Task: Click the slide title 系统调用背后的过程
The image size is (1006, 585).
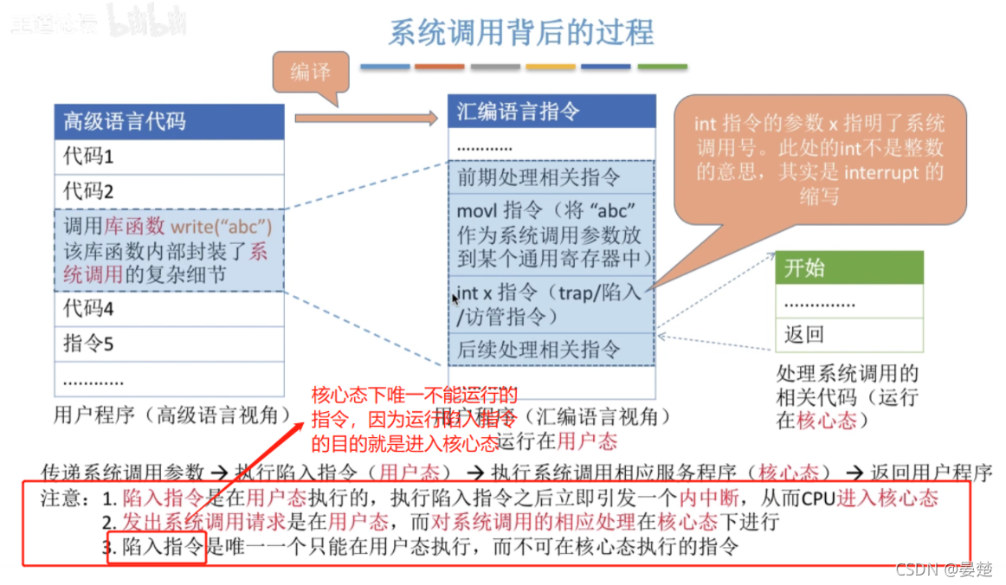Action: point(520,32)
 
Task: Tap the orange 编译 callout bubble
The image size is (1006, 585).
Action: point(311,72)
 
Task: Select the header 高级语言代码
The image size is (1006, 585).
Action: point(169,121)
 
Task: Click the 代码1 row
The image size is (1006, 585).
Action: point(169,157)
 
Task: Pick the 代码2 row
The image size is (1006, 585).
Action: point(169,190)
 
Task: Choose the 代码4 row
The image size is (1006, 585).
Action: point(169,308)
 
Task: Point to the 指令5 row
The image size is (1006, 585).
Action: point(169,344)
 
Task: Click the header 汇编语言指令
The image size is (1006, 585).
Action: point(551,112)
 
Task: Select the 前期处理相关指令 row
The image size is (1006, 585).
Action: point(551,177)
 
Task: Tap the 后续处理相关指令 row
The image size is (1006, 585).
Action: point(551,350)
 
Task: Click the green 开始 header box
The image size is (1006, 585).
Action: point(848,267)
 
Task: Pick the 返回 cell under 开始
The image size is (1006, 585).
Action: point(848,334)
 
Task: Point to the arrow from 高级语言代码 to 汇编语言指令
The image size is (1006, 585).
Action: point(365,118)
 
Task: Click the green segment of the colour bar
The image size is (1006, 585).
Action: point(662,67)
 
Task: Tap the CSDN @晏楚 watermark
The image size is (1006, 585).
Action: point(943,569)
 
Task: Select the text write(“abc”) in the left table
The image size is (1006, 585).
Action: point(221,228)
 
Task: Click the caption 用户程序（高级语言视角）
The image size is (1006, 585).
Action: point(171,415)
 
